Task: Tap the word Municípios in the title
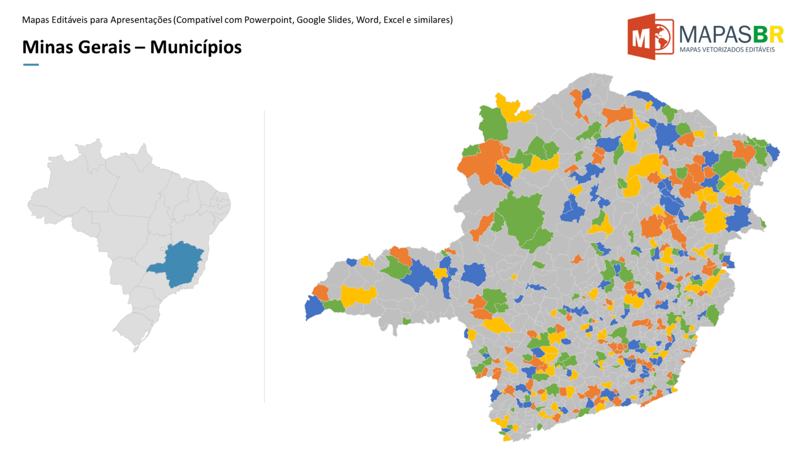196,47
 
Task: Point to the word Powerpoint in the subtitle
268,20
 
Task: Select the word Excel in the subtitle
394,20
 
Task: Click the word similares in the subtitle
432,20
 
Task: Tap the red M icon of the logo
650,37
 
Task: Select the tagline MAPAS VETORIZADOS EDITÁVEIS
727,49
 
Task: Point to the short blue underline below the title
31,65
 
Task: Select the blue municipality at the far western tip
313,308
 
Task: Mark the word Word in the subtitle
367,20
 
